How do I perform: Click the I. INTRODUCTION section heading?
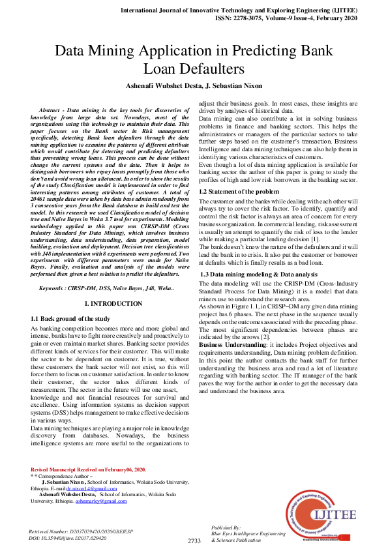click(x=114, y=304)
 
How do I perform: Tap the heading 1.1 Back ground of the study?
click(x=70, y=318)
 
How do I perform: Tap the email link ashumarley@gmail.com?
click(x=101, y=501)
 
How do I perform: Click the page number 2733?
click(x=194, y=541)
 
